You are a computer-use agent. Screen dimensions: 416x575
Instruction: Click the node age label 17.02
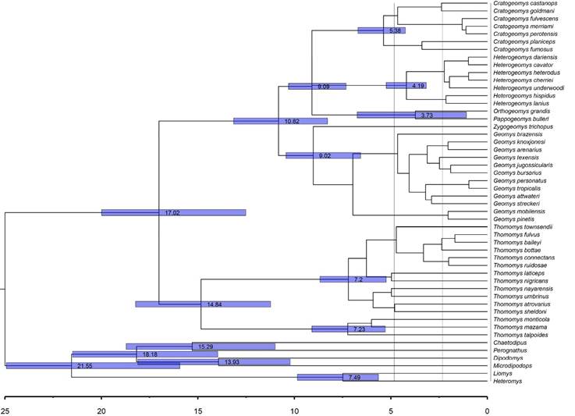click(172, 212)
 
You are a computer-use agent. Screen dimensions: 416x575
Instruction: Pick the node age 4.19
click(418, 85)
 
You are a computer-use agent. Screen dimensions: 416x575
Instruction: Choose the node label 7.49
click(353, 378)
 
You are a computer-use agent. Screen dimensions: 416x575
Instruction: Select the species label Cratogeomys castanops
click(524, 4)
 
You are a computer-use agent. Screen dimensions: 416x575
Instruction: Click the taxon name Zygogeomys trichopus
click(524, 126)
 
